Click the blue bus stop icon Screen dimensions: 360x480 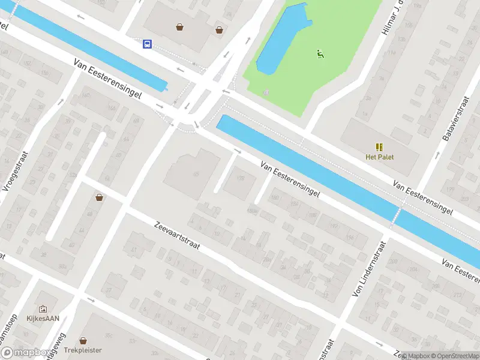(x=147, y=43)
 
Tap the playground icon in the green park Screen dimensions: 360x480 (x=320, y=54)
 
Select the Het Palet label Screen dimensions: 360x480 (x=379, y=157)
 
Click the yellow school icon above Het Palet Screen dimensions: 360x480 (x=379, y=147)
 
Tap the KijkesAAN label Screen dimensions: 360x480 (x=43, y=319)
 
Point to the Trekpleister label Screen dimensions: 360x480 (x=83, y=350)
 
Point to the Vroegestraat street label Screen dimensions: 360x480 (x=16, y=170)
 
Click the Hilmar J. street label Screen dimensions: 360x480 (x=389, y=18)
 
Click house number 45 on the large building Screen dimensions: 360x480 (x=196, y=173)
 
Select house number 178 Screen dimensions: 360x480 (x=241, y=178)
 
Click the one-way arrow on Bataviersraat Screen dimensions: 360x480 (x=438, y=155)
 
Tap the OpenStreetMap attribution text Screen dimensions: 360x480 (x=454, y=356)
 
